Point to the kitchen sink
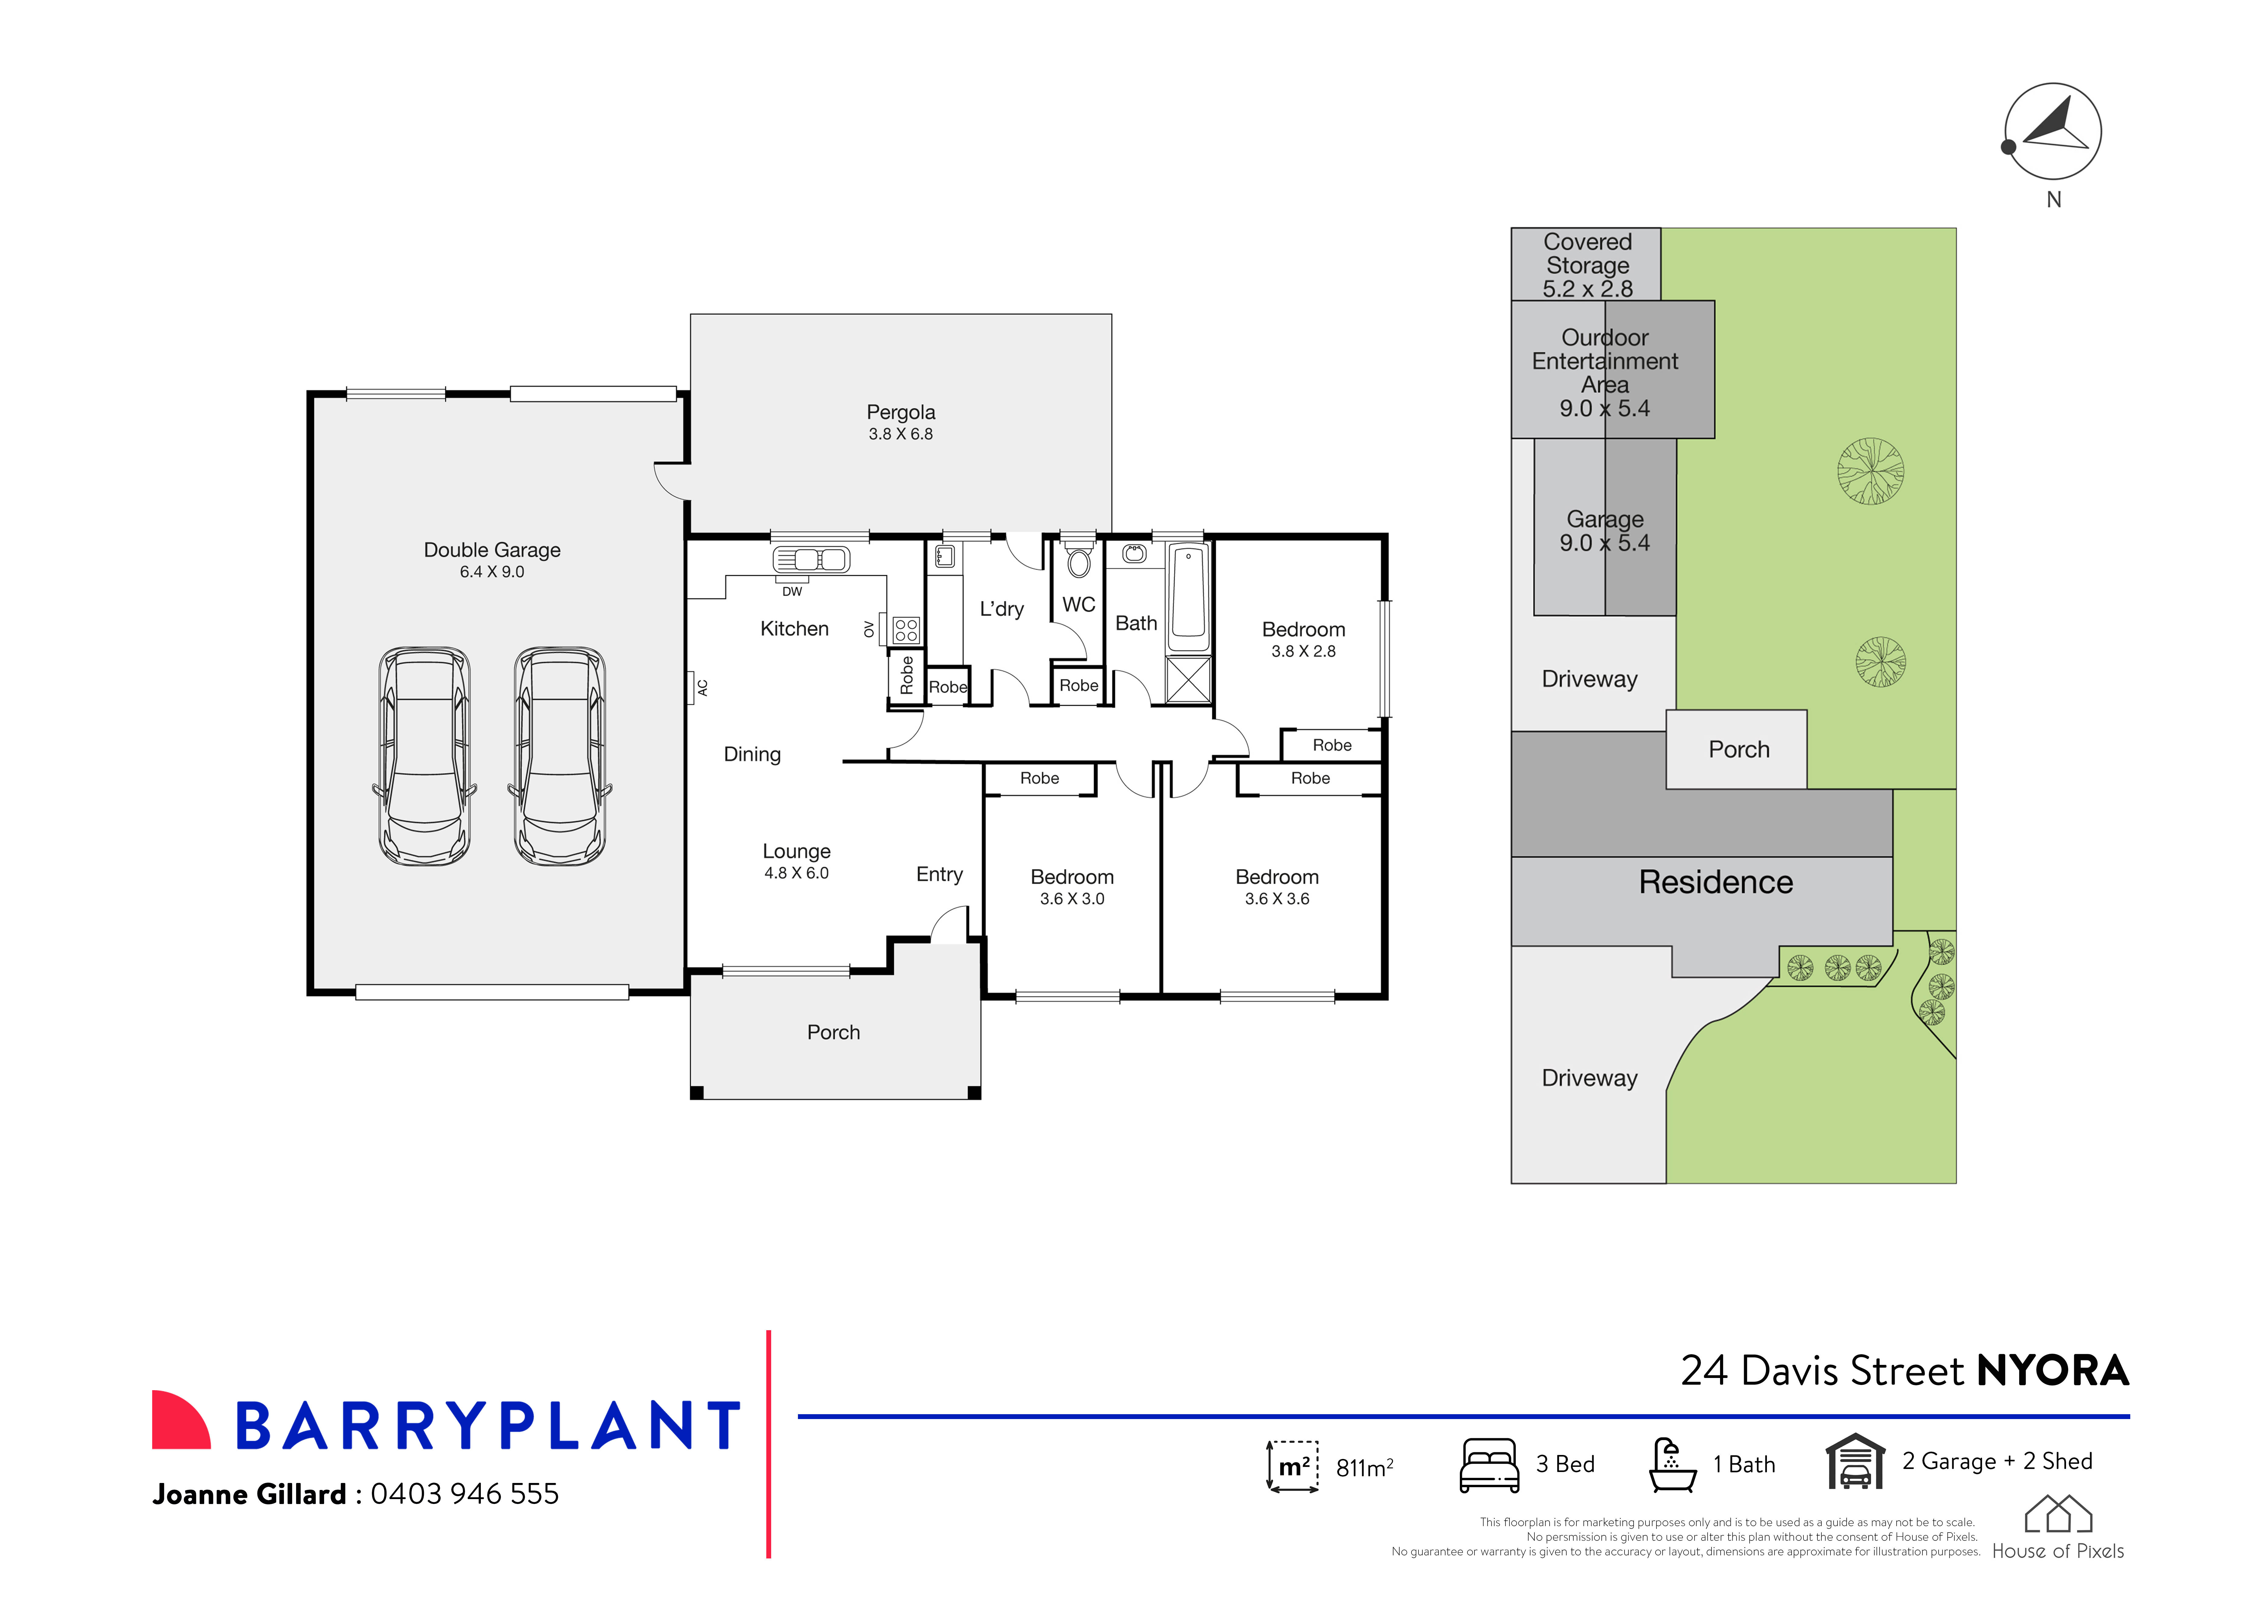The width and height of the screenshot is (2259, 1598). click(x=812, y=560)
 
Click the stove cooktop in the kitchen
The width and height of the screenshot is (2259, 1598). click(x=906, y=630)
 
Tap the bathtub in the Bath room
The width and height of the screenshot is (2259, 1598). click(x=1188, y=595)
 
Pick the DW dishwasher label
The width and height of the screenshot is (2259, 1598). click(x=792, y=591)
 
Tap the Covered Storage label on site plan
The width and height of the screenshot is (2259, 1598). click(x=1587, y=254)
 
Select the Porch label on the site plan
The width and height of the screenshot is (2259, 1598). click(x=1739, y=750)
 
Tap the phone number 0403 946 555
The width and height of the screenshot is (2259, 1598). click(x=464, y=1494)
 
